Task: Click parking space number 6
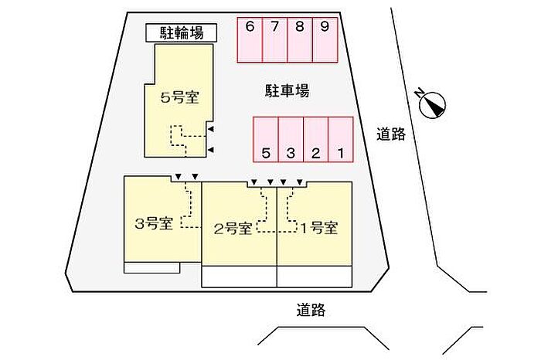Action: coord(249,39)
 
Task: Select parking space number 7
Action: coord(274,39)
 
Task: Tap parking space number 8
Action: coord(300,39)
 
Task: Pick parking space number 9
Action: coord(325,39)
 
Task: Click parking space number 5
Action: coord(266,140)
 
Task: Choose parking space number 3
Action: coord(291,140)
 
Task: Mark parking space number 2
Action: coord(315,140)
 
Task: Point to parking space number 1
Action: coord(340,140)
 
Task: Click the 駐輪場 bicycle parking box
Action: coord(182,32)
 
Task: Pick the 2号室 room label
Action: coord(233,228)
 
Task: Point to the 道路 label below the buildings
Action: coord(310,311)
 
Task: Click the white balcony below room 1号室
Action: coord(315,277)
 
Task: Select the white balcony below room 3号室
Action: coord(151,267)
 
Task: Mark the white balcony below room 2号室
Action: coord(240,277)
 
